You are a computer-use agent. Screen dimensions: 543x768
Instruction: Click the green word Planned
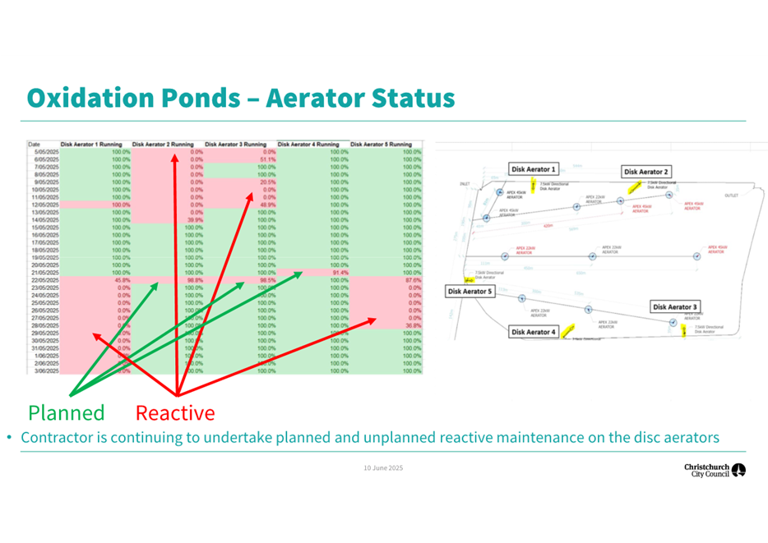(67, 412)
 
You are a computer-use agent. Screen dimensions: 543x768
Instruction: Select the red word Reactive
(175, 412)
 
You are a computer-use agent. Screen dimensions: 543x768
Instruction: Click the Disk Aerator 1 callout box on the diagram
(534, 169)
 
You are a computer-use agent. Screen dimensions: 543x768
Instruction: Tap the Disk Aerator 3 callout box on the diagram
(674, 306)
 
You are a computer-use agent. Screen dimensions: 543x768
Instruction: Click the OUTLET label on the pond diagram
(731, 196)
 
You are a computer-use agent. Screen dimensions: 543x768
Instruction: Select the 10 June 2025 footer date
(383, 467)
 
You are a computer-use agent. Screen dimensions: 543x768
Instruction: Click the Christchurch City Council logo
(715, 471)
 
